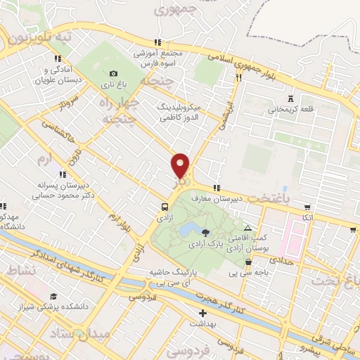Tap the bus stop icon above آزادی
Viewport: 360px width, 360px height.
pyautogui.click(x=164, y=207)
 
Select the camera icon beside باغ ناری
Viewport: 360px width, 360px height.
pyautogui.click(x=114, y=73)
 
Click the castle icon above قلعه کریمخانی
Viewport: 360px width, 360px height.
pyautogui.click(x=291, y=97)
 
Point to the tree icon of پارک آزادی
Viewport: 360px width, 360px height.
pyautogui.click(x=205, y=232)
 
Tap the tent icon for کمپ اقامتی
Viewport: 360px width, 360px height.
pyautogui.click(x=247, y=228)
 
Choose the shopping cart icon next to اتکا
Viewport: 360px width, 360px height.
pyautogui.click(x=307, y=207)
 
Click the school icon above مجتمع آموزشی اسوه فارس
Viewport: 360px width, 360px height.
pyautogui.click(x=158, y=42)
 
